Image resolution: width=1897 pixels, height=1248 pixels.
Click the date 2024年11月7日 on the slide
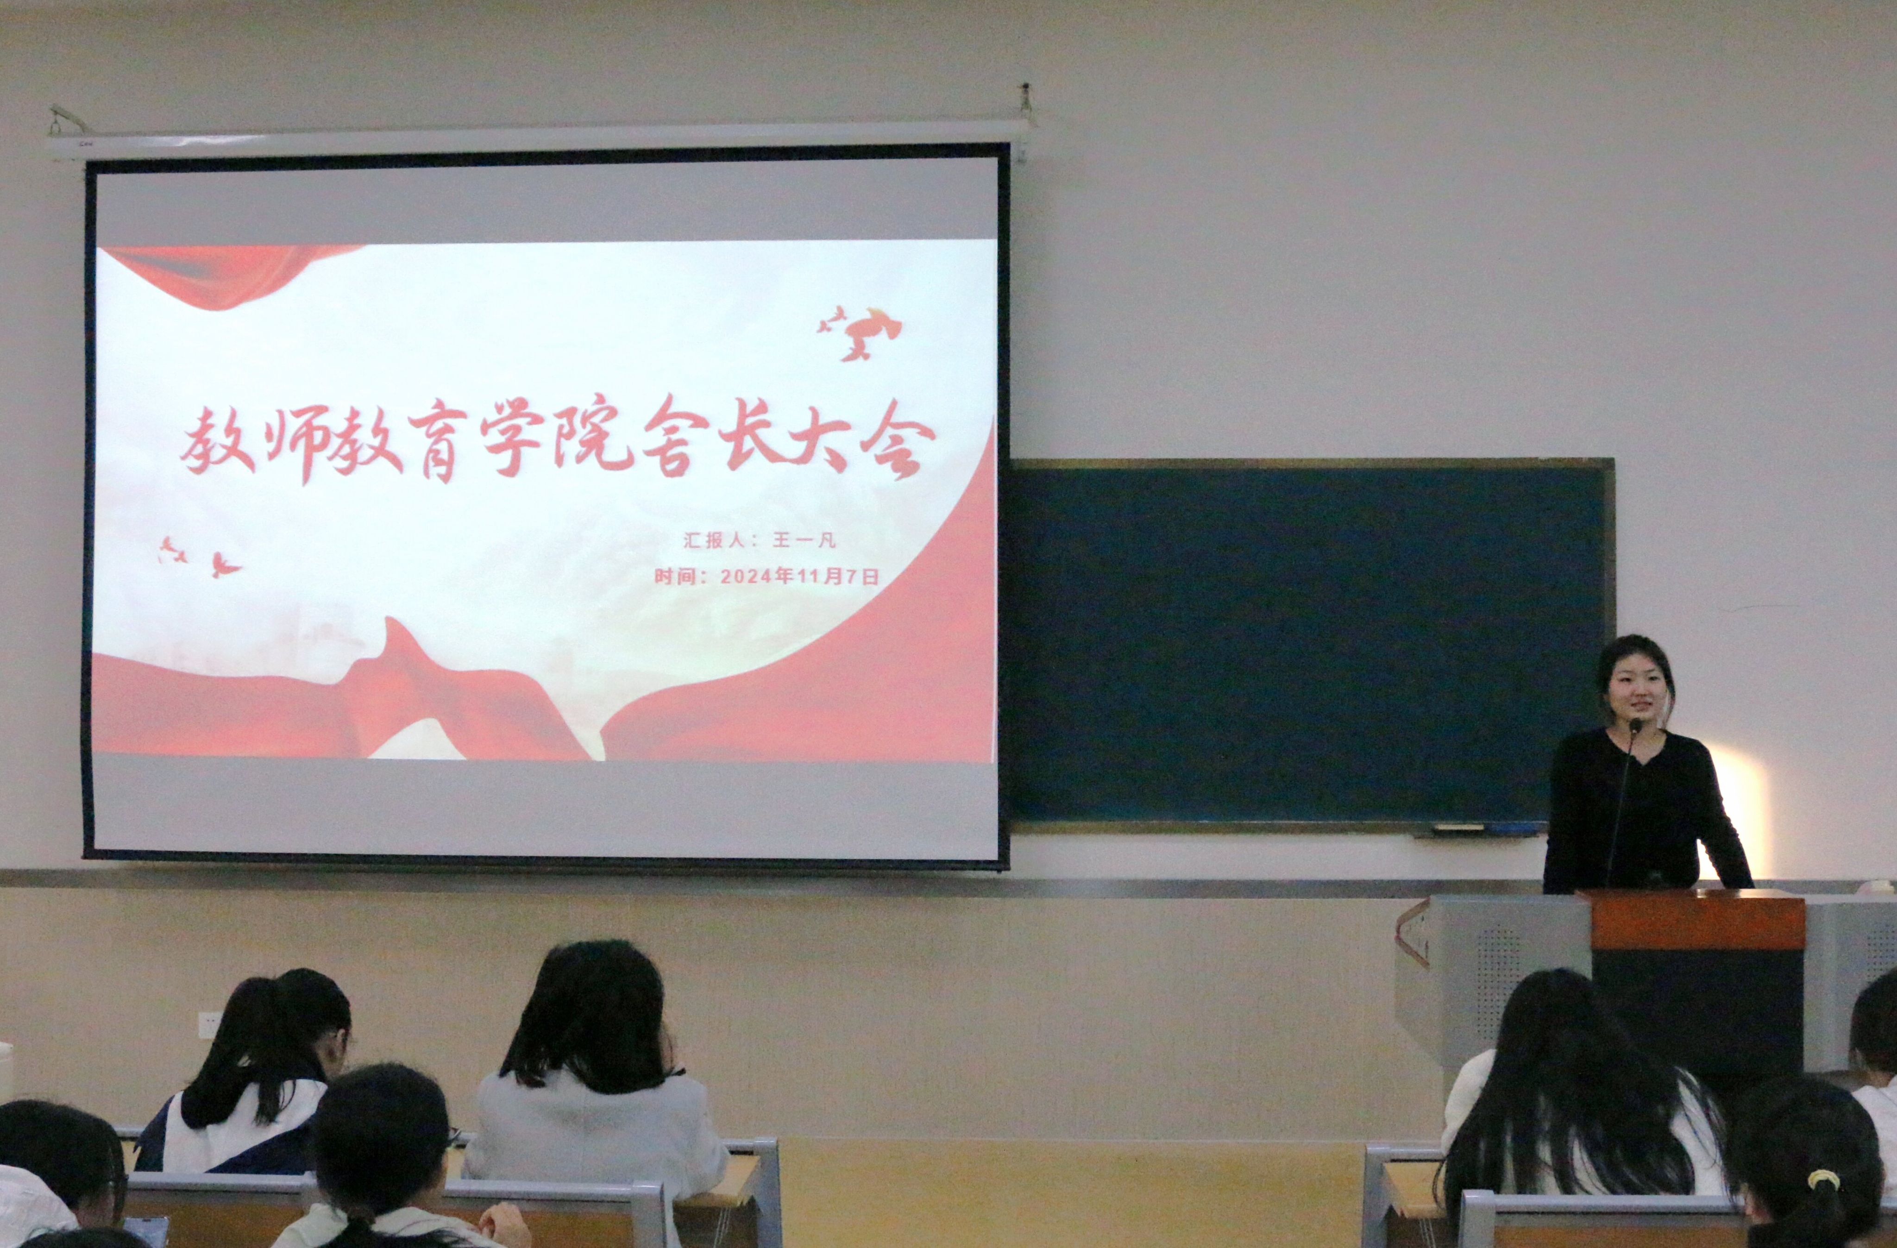point(799,576)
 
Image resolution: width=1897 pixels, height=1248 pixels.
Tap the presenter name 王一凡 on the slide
point(804,540)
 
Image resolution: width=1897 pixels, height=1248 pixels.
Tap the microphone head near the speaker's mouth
point(1636,725)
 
